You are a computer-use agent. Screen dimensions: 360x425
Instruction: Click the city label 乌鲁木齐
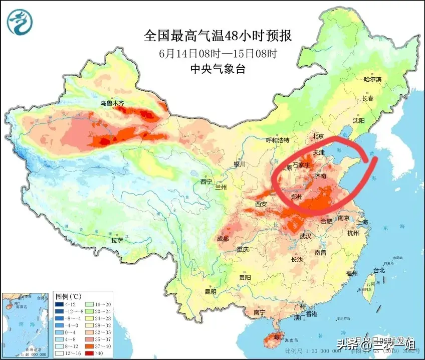(111, 103)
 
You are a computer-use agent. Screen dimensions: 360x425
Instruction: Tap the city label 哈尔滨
(372, 80)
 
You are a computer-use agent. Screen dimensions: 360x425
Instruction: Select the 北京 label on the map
(319, 136)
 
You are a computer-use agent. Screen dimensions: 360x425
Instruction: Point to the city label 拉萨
(117, 240)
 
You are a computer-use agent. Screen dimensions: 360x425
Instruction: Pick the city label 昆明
(210, 291)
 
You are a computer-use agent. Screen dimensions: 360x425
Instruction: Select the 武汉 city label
(305, 236)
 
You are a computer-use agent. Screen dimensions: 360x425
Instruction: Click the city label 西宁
(206, 182)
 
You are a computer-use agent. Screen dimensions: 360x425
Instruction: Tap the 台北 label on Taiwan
(378, 270)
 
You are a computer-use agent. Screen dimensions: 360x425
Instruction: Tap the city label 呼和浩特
(278, 140)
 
